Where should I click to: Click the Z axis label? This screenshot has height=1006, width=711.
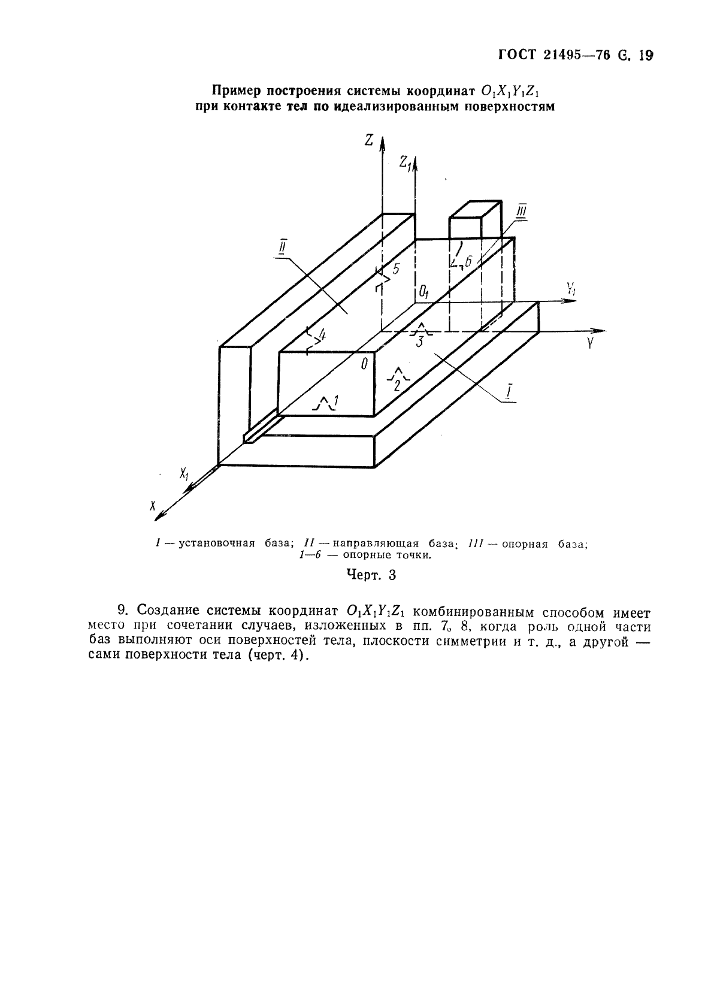click(369, 140)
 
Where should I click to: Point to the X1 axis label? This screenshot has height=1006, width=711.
click(184, 474)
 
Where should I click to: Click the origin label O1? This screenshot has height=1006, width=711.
click(424, 292)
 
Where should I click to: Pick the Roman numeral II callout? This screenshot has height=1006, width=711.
click(282, 247)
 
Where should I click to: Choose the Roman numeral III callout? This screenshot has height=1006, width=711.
click(522, 213)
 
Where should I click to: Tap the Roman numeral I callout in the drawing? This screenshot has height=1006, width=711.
click(508, 392)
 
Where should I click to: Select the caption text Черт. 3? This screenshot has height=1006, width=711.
click(371, 575)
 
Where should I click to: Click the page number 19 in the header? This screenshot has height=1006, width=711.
click(645, 56)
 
